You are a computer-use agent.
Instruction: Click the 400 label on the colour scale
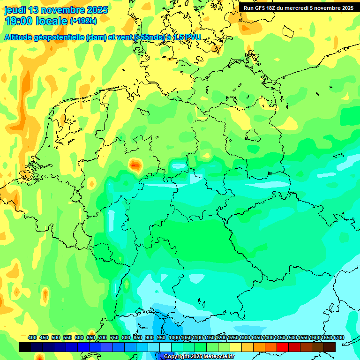(x=32, y=337)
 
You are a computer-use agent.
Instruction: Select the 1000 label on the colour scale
(x=174, y=337)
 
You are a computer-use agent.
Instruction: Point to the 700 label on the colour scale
(x=103, y=337)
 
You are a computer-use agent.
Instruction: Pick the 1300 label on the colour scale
(x=245, y=337)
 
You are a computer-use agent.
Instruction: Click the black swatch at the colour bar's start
(x=25, y=347)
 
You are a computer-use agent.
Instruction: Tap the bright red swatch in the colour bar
(x=283, y=347)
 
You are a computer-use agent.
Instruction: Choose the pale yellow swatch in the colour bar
(x=236, y=347)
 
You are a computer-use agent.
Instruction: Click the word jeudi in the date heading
(x=15, y=10)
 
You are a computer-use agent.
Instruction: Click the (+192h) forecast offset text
(x=83, y=21)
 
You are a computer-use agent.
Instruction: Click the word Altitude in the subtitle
(x=20, y=37)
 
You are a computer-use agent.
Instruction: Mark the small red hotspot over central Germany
(x=135, y=165)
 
